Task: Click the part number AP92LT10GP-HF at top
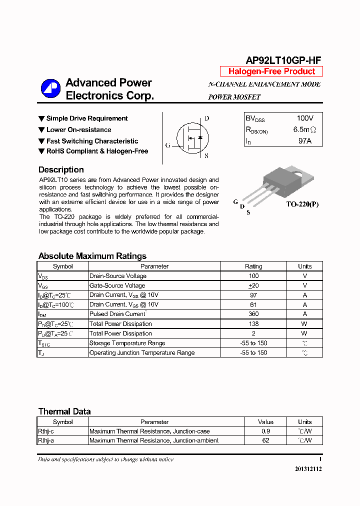tap(283, 60)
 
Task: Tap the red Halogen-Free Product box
tap(271, 71)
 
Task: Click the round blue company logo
tap(50, 89)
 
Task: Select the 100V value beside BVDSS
tap(304, 118)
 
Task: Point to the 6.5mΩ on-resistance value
tap(304, 130)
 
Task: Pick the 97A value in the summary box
tap(304, 141)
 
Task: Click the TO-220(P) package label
tap(302, 204)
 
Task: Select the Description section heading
tap(61, 170)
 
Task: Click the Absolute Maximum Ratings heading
tap(92, 256)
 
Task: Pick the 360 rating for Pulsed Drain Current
tap(253, 314)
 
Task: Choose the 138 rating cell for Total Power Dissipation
tap(253, 324)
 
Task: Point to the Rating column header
tap(253, 266)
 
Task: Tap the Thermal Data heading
tap(64, 411)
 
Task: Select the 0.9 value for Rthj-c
tap(265, 431)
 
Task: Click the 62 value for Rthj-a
tap(265, 440)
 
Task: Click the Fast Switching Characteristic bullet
tap(92, 141)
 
